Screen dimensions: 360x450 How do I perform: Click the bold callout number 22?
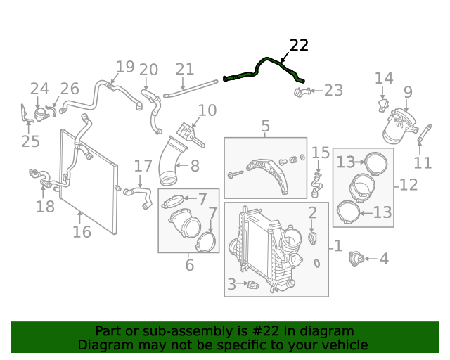pos(299,46)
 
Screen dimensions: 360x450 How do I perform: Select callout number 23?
pos(333,90)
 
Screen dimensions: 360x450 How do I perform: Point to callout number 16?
pos(82,231)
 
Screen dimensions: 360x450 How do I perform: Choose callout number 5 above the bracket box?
pos(265,126)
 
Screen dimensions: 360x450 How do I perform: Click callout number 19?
pos(124,67)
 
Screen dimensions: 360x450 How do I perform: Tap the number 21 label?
pos(184,69)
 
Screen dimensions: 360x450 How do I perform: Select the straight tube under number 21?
pos(190,89)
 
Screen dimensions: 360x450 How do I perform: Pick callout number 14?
pos(384,78)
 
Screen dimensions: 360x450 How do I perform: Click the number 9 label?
pos(408,91)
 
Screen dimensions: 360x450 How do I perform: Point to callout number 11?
pos(423,163)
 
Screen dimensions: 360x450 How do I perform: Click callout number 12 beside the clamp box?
pos(409,185)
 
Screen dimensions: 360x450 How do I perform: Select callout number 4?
pos(383,259)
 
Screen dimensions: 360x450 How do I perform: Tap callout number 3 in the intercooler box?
pos(231,284)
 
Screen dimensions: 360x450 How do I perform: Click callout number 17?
pos(143,166)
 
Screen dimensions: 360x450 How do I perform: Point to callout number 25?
pos(30,141)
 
